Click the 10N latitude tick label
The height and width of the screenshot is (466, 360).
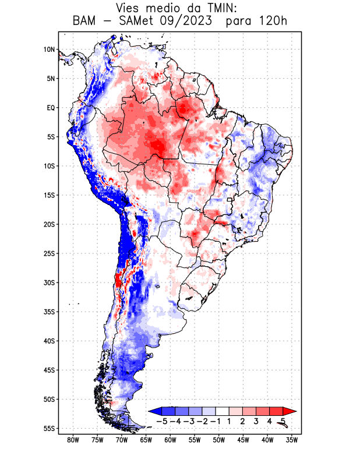tap(49, 50)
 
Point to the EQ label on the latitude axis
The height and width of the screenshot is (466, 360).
tap(51, 108)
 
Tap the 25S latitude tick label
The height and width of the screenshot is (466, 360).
tap(49, 253)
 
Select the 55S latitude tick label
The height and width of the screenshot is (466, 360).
tap(49, 428)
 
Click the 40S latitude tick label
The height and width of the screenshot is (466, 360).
tap(49, 341)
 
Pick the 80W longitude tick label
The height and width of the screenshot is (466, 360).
tap(73, 440)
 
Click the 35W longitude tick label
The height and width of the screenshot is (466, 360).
tap(292, 440)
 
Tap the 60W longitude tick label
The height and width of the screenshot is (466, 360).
tap(171, 440)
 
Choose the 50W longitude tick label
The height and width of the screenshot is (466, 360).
tap(219, 440)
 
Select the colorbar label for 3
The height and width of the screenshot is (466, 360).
tap(255, 421)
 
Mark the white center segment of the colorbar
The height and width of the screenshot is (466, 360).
tap(223, 411)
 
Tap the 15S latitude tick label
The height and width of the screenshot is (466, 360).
tap(49, 195)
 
